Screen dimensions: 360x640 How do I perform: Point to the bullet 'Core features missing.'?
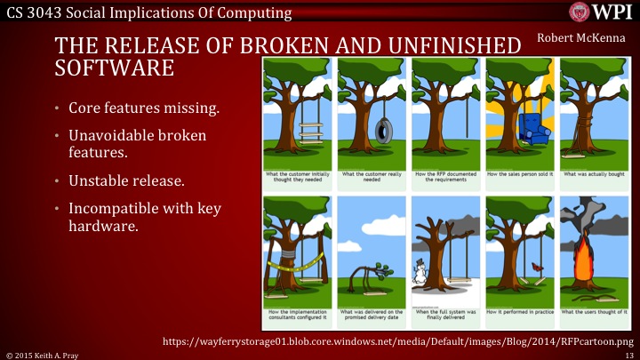tap(136, 109)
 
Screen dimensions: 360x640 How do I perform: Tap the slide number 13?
tap(629, 353)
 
